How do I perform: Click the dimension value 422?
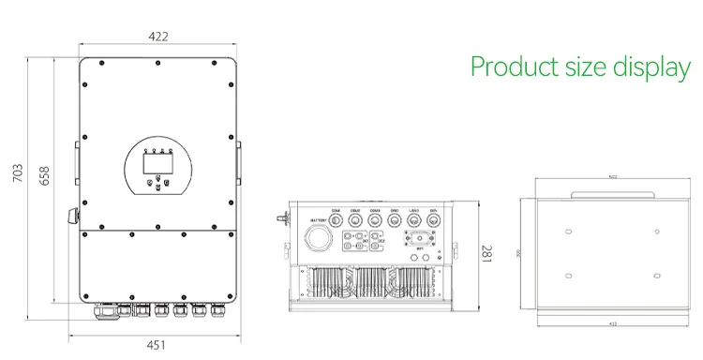click(158, 37)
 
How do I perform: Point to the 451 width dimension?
click(157, 344)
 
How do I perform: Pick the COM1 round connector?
click(337, 219)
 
